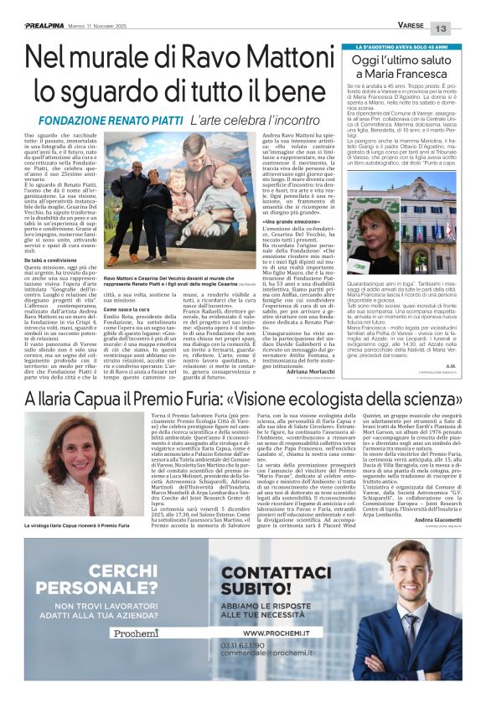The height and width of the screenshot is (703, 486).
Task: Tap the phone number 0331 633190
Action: (240, 669)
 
